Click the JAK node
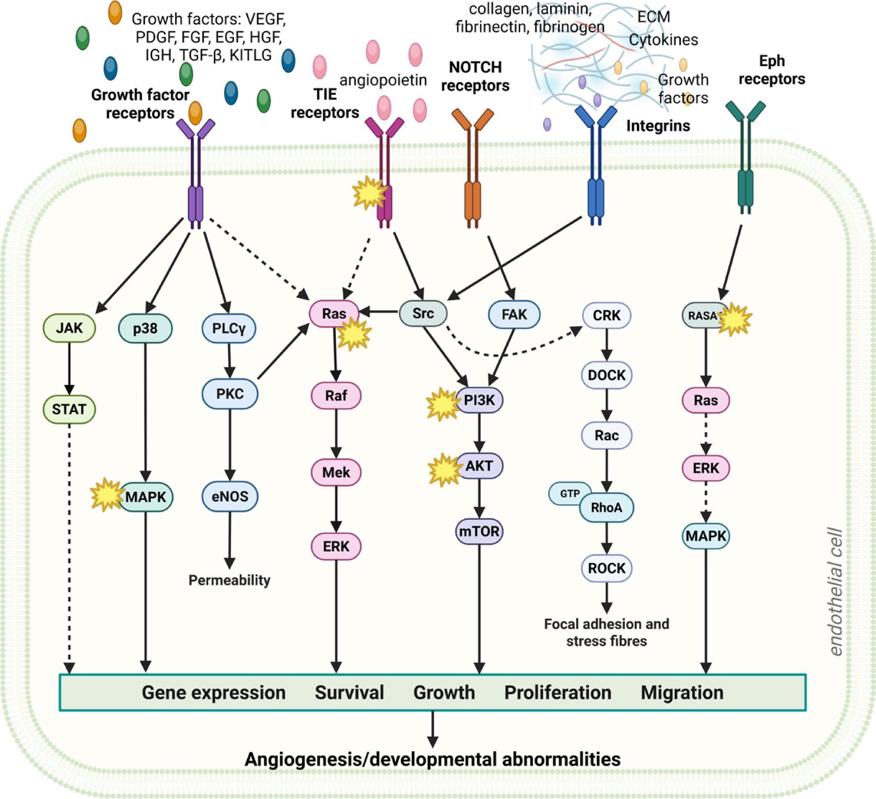[69, 328]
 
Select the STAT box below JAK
[69, 409]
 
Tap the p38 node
[145, 329]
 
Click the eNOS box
[230, 496]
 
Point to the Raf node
[336, 396]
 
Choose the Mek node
[336, 473]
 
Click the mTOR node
[479, 531]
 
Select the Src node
[423, 314]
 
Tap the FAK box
[514, 315]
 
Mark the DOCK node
[607, 375]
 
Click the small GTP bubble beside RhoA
[569, 494]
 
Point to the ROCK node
[607, 568]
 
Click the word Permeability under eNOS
[230, 580]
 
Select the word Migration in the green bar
[682, 693]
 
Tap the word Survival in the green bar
[349, 693]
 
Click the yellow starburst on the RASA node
[735, 317]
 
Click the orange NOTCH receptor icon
[473, 168]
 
